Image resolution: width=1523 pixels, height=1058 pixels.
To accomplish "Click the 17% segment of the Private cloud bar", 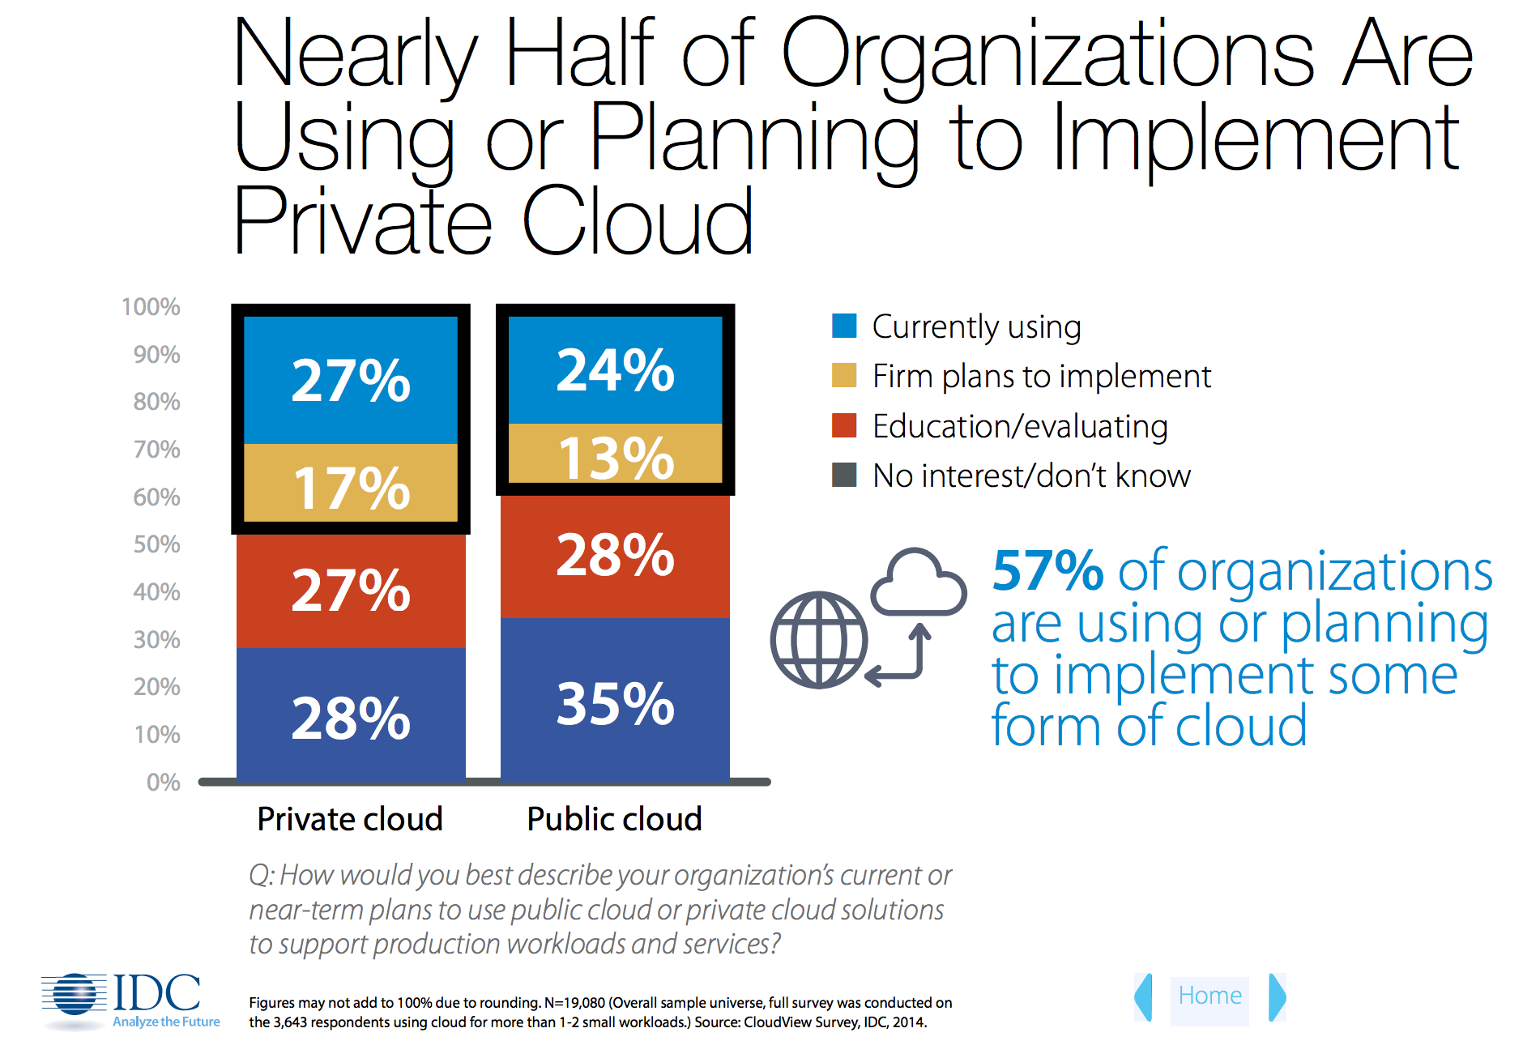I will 351,484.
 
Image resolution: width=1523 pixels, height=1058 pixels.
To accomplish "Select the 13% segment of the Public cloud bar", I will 615,455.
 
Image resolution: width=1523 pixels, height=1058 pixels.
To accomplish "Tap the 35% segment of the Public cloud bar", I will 615,702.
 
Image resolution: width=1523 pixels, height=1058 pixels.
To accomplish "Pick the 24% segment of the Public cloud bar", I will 615,369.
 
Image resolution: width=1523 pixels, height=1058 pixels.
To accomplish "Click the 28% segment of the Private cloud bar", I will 351,716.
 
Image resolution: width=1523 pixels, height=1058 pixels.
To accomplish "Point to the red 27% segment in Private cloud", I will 351,589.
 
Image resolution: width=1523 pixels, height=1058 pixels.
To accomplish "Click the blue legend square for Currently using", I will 844,326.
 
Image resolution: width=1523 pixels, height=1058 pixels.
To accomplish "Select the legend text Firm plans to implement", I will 1041,376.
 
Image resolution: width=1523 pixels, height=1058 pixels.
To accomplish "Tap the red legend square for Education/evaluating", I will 844,425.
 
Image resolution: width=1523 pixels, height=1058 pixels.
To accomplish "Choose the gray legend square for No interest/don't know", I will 844,475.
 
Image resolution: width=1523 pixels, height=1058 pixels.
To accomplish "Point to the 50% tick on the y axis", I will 157,544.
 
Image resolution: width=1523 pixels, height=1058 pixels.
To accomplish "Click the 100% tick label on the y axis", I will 151,307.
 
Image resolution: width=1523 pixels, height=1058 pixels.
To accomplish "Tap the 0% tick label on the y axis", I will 163,782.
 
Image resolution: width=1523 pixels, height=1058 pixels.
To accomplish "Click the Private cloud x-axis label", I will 350,819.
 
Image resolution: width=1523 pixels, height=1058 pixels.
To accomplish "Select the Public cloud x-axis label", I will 614,819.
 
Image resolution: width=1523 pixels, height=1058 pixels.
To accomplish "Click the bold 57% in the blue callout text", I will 1047,571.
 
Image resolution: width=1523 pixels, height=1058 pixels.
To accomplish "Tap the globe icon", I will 819,640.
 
